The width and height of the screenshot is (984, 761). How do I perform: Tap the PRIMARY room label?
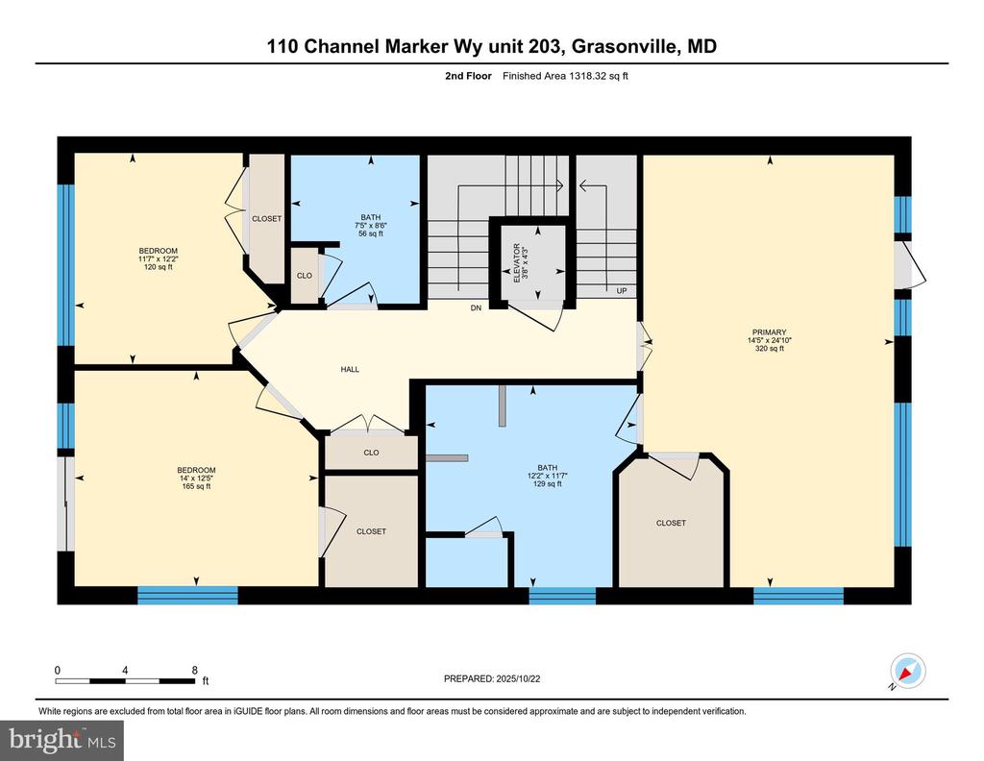tap(766, 332)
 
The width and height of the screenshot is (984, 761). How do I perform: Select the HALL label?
tap(350, 369)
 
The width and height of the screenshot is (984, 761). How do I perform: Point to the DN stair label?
tap(476, 308)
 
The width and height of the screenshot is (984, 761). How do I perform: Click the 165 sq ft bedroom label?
tap(197, 486)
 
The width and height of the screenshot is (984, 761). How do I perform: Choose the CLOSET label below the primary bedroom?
tap(671, 523)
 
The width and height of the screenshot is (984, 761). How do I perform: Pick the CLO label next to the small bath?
tap(304, 276)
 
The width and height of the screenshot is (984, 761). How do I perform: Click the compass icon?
tap(907, 670)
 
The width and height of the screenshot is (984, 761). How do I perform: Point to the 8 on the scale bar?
tap(195, 670)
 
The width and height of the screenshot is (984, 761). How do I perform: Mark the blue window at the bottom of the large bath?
tap(562, 596)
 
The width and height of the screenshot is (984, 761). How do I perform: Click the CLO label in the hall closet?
tap(371, 453)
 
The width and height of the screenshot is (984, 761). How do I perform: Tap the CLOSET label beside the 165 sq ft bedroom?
tap(371, 531)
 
